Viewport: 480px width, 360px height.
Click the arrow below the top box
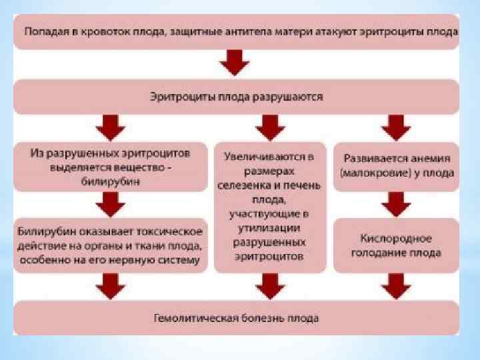coord(235,63)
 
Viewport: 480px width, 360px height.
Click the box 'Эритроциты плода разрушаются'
coord(236,97)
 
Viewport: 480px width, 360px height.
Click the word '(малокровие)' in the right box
coord(369,173)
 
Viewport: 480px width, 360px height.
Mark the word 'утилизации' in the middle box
coord(270,228)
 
